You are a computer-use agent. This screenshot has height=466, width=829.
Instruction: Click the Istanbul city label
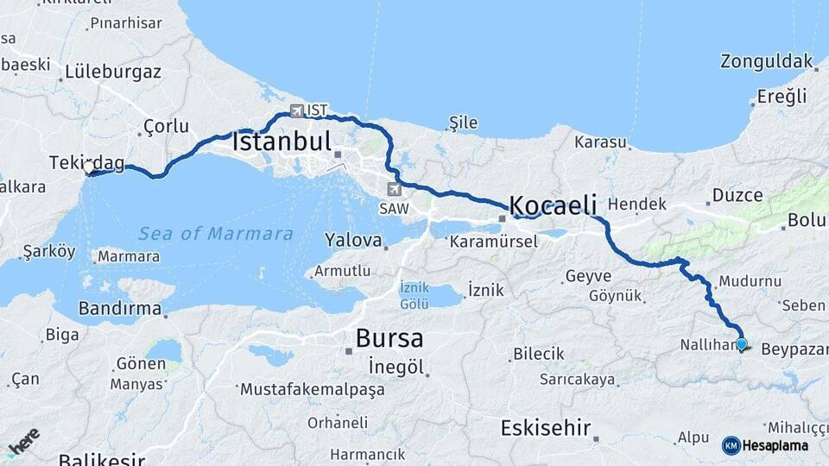pyautogui.click(x=282, y=142)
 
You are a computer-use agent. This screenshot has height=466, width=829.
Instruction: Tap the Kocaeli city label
pyautogui.click(x=554, y=205)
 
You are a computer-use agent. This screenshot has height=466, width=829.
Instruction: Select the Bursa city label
pyautogui.click(x=389, y=337)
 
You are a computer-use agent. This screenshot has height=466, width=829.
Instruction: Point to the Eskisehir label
pyautogui.click(x=546, y=427)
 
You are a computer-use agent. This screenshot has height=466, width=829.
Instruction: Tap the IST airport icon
pyautogui.click(x=297, y=110)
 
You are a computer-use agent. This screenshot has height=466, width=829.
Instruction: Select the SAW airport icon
pyautogui.click(x=395, y=189)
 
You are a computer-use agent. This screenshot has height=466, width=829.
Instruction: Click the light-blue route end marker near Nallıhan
pyautogui.click(x=741, y=344)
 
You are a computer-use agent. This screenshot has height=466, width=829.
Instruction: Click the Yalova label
pyautogui.click(x=353, y=239)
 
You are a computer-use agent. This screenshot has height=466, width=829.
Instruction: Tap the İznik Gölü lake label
pyautogui.click(x=414, y=295)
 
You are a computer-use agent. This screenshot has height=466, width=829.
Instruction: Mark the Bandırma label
pyautogui.click(x=120, y=308)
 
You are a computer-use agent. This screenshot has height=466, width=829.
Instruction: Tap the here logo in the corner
pyautogui.click(x=23, y=444)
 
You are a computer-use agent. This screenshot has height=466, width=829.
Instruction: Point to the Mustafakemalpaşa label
pyautogui.click(x=313, y=390)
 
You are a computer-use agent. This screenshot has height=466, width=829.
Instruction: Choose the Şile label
pyautogui.click(x=463, y=123)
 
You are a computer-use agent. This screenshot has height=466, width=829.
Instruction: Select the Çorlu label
pyautogui.click(x=166, y=126)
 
